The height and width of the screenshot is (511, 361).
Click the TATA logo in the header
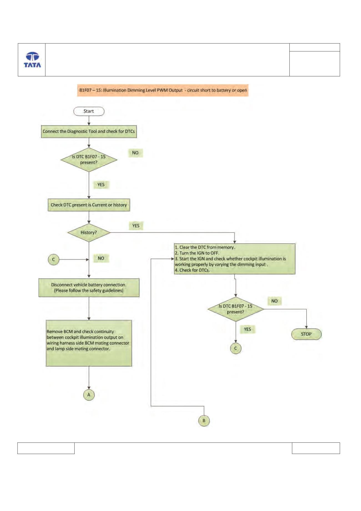tap(32, 60)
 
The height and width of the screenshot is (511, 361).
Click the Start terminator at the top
tap(89, 111)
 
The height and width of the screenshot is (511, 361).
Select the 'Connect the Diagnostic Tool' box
tap(89, 131)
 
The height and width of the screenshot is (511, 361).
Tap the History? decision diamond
tap(89, 232)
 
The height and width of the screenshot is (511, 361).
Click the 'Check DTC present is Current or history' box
tap(89, 205)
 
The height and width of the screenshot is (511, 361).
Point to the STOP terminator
tap(306, 334)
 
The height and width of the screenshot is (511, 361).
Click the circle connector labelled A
tap(89, 395)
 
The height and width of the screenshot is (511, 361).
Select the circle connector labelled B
tap(204, 420)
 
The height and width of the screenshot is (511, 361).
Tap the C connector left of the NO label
tap(54, 259)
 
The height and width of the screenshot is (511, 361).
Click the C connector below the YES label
tap(236, 348)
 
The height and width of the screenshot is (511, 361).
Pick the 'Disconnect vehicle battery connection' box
tap(89, 288)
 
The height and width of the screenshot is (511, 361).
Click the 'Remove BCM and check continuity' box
tap(89, 343)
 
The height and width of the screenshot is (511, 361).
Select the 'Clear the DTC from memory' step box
tap(234, 259)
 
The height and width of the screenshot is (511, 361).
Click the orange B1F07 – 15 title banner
tap(163, 90)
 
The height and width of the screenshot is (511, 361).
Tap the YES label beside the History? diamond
tap(136, 226)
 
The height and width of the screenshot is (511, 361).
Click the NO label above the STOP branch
tap(274, 301)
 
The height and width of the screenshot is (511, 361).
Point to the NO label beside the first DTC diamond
tap(135, 153)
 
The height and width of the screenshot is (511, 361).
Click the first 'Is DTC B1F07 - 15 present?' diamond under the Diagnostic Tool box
tap(89, 160)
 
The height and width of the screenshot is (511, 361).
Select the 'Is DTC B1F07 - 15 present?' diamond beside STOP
tap(236, 309)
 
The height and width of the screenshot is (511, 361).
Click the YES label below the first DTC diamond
tap(101, 185)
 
